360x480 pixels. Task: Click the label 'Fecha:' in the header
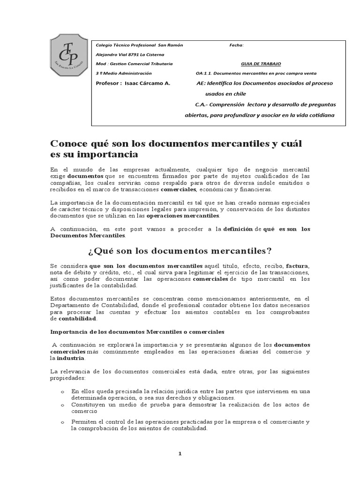point(236,45)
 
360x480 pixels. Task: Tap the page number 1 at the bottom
point(180,454)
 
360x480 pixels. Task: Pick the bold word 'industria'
point(71,358)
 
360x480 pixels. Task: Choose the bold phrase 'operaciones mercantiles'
point(183,216)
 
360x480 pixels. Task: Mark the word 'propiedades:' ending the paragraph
point(67,377)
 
